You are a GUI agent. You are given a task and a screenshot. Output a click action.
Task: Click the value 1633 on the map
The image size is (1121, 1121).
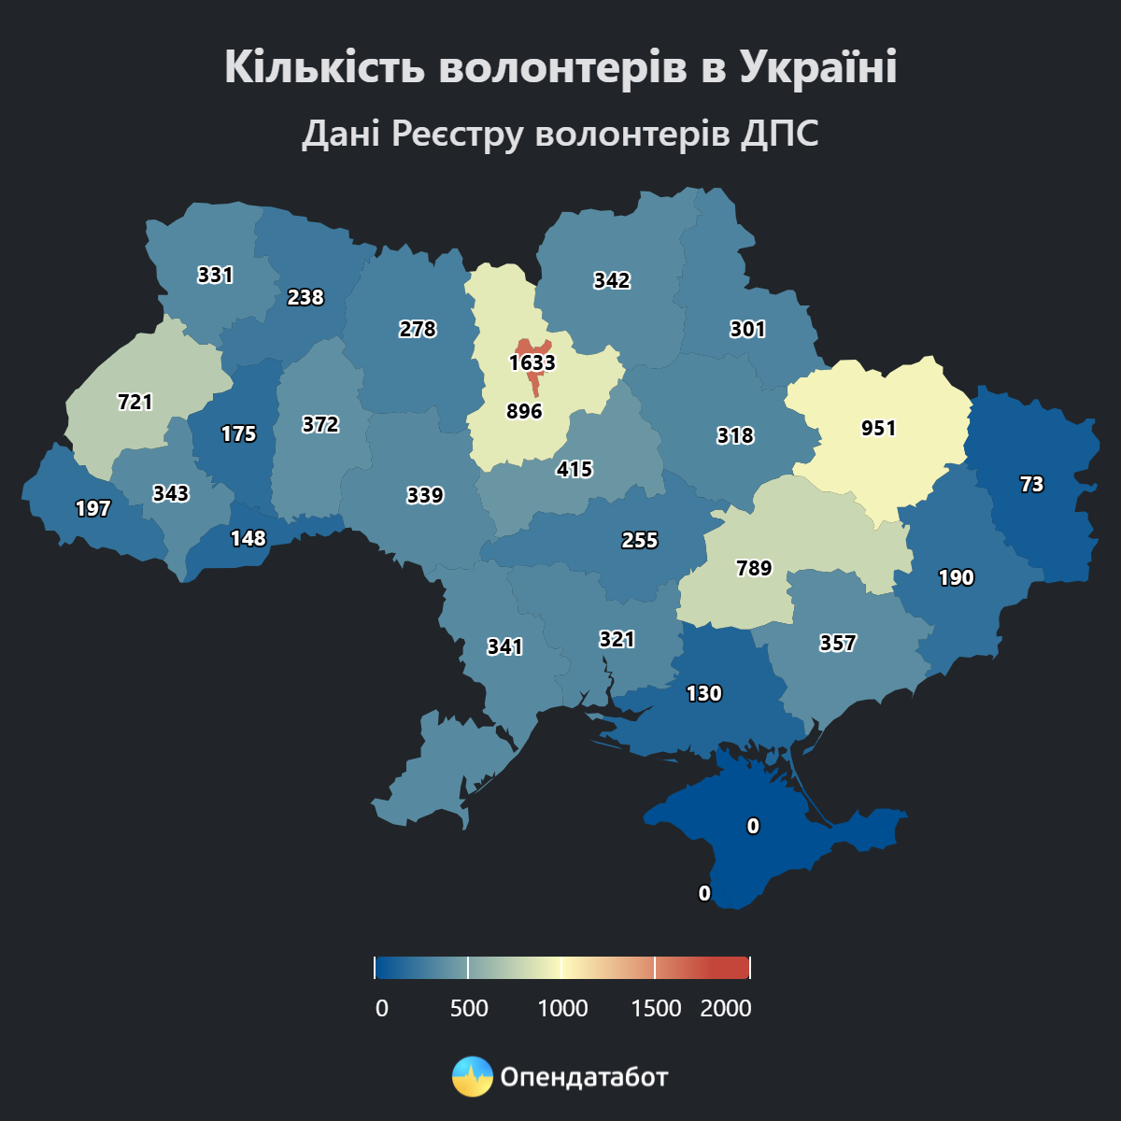[532, 362]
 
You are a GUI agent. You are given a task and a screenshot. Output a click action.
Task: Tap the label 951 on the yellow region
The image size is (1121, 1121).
[878, 428]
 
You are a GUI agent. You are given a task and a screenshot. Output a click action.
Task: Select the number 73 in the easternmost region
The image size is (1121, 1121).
[1031, 484]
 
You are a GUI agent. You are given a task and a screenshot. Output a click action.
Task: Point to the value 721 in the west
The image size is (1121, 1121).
[135, 402]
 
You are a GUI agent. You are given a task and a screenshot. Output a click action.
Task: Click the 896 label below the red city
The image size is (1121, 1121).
[524, 411]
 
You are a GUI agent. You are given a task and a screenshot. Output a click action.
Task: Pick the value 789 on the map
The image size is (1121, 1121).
[754, 568]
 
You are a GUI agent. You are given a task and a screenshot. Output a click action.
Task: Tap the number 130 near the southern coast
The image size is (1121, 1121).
[703, 693]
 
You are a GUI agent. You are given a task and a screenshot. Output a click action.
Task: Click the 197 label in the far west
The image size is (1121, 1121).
[92, 508]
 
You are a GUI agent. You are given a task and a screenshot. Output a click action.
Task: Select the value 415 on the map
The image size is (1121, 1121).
[575, 469]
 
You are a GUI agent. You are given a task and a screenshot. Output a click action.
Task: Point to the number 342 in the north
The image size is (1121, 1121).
[612, 280]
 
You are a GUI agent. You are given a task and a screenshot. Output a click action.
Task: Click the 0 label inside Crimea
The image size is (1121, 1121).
[753, 826]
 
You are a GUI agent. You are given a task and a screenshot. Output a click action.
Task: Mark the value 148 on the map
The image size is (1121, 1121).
[248, 538]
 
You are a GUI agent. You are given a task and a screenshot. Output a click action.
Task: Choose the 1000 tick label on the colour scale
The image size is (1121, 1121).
[563, 1009]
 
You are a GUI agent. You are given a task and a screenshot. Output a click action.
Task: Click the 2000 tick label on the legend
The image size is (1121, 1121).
[726, 1009]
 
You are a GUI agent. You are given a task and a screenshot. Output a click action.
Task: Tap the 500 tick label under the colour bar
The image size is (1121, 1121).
[469, 1009]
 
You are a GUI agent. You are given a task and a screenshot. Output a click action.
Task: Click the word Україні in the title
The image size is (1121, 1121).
[818, 67]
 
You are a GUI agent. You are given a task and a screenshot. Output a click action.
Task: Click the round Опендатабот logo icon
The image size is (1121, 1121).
[472, 1076]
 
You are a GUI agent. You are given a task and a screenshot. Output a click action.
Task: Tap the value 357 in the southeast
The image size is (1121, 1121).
[837, 643]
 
